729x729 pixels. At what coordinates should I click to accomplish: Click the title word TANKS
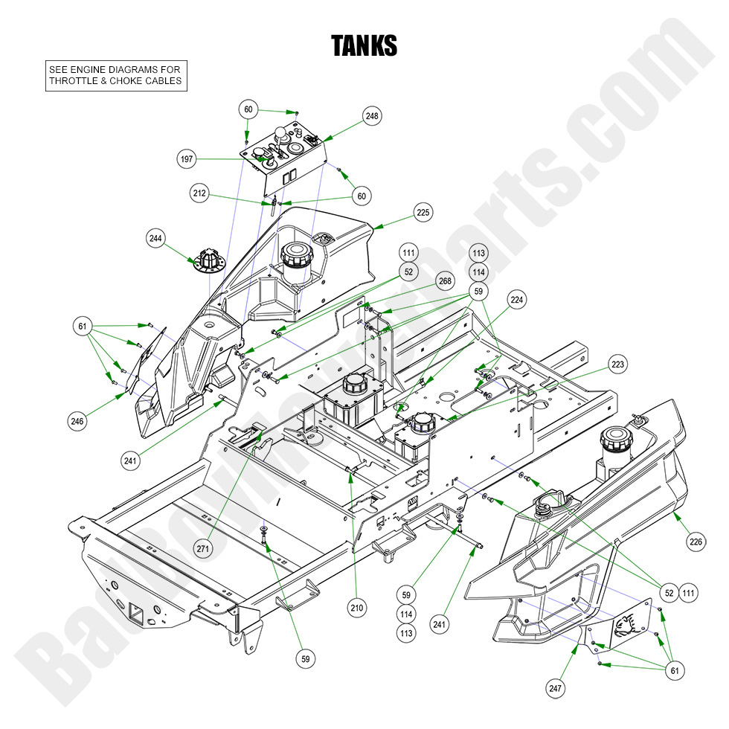(x=364, y=46)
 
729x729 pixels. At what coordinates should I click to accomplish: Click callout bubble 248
(x=372, y=116)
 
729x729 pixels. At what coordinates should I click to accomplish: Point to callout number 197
(x=187, y=159)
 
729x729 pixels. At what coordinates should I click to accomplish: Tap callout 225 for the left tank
(x=423, y=213)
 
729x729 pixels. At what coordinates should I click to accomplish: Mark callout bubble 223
(x=617, y=364)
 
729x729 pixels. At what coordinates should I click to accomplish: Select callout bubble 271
(x=203, y=548)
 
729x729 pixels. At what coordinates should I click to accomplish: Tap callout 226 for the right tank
(x=696, y=542)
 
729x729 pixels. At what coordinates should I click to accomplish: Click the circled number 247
(x=556, y=690)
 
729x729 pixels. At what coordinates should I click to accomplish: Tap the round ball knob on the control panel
(x=281, y=135)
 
